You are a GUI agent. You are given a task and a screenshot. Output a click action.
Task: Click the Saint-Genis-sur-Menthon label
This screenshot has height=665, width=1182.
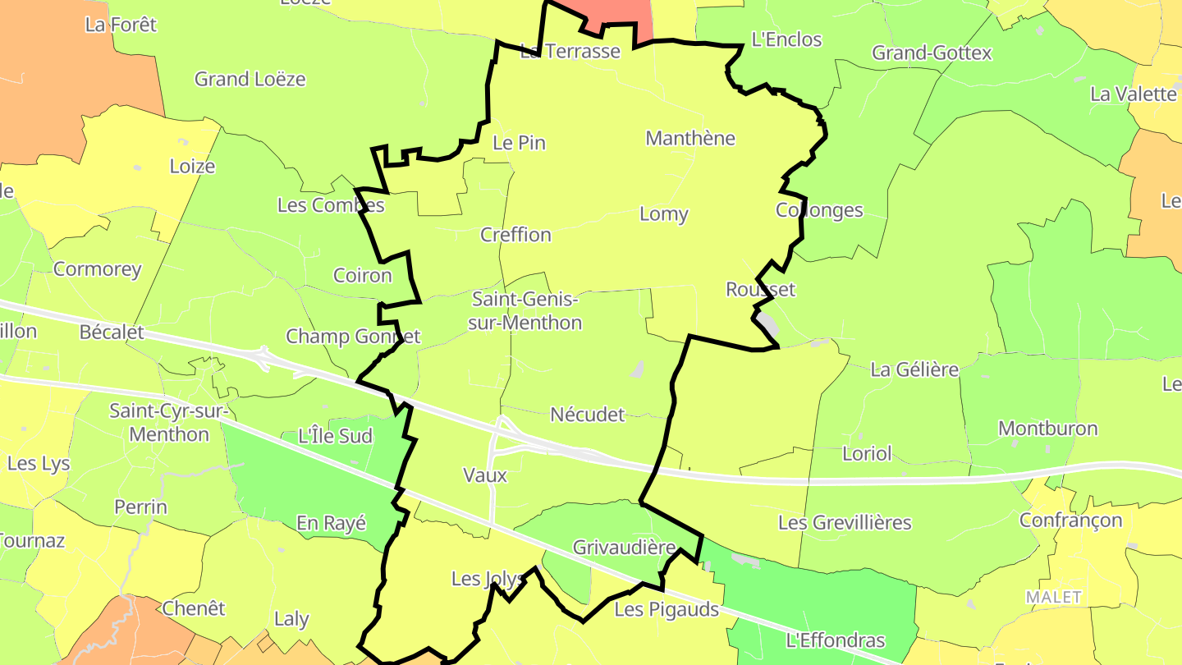point(525,310)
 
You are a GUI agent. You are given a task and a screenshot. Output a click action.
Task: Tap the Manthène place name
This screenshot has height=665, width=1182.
point(690,138)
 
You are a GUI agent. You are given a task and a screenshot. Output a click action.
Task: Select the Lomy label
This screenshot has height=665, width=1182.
point(664,214)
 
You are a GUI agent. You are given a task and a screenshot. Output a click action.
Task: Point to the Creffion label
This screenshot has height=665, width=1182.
point(515,235)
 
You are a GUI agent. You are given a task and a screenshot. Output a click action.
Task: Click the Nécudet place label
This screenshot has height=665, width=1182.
point(588,415)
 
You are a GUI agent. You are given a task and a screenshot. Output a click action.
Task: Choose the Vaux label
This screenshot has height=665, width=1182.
point(485,475)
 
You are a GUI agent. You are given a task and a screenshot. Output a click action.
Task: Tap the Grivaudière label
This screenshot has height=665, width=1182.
point(624,548)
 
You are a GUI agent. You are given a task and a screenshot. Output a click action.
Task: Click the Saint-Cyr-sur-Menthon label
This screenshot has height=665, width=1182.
point(171,422)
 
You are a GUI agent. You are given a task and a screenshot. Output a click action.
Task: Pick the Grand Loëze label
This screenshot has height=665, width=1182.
point(250,80)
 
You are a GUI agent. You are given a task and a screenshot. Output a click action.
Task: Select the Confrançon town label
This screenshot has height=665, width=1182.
point(1070,521)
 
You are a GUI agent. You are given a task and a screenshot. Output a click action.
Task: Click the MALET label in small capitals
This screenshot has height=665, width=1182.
point(1054,597)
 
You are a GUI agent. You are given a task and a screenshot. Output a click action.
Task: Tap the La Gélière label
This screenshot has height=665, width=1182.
point(914,369)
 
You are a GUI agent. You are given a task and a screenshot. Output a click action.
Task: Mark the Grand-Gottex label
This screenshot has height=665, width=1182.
point(932,53)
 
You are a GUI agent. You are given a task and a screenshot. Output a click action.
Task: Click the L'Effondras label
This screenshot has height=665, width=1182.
point(836,640)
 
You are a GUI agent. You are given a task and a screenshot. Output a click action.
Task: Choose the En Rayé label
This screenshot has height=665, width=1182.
point(331,523)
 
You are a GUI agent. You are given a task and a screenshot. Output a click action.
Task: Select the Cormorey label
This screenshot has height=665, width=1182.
point(98,269)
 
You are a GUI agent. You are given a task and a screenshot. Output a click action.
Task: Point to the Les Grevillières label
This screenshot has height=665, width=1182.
point(845,522)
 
